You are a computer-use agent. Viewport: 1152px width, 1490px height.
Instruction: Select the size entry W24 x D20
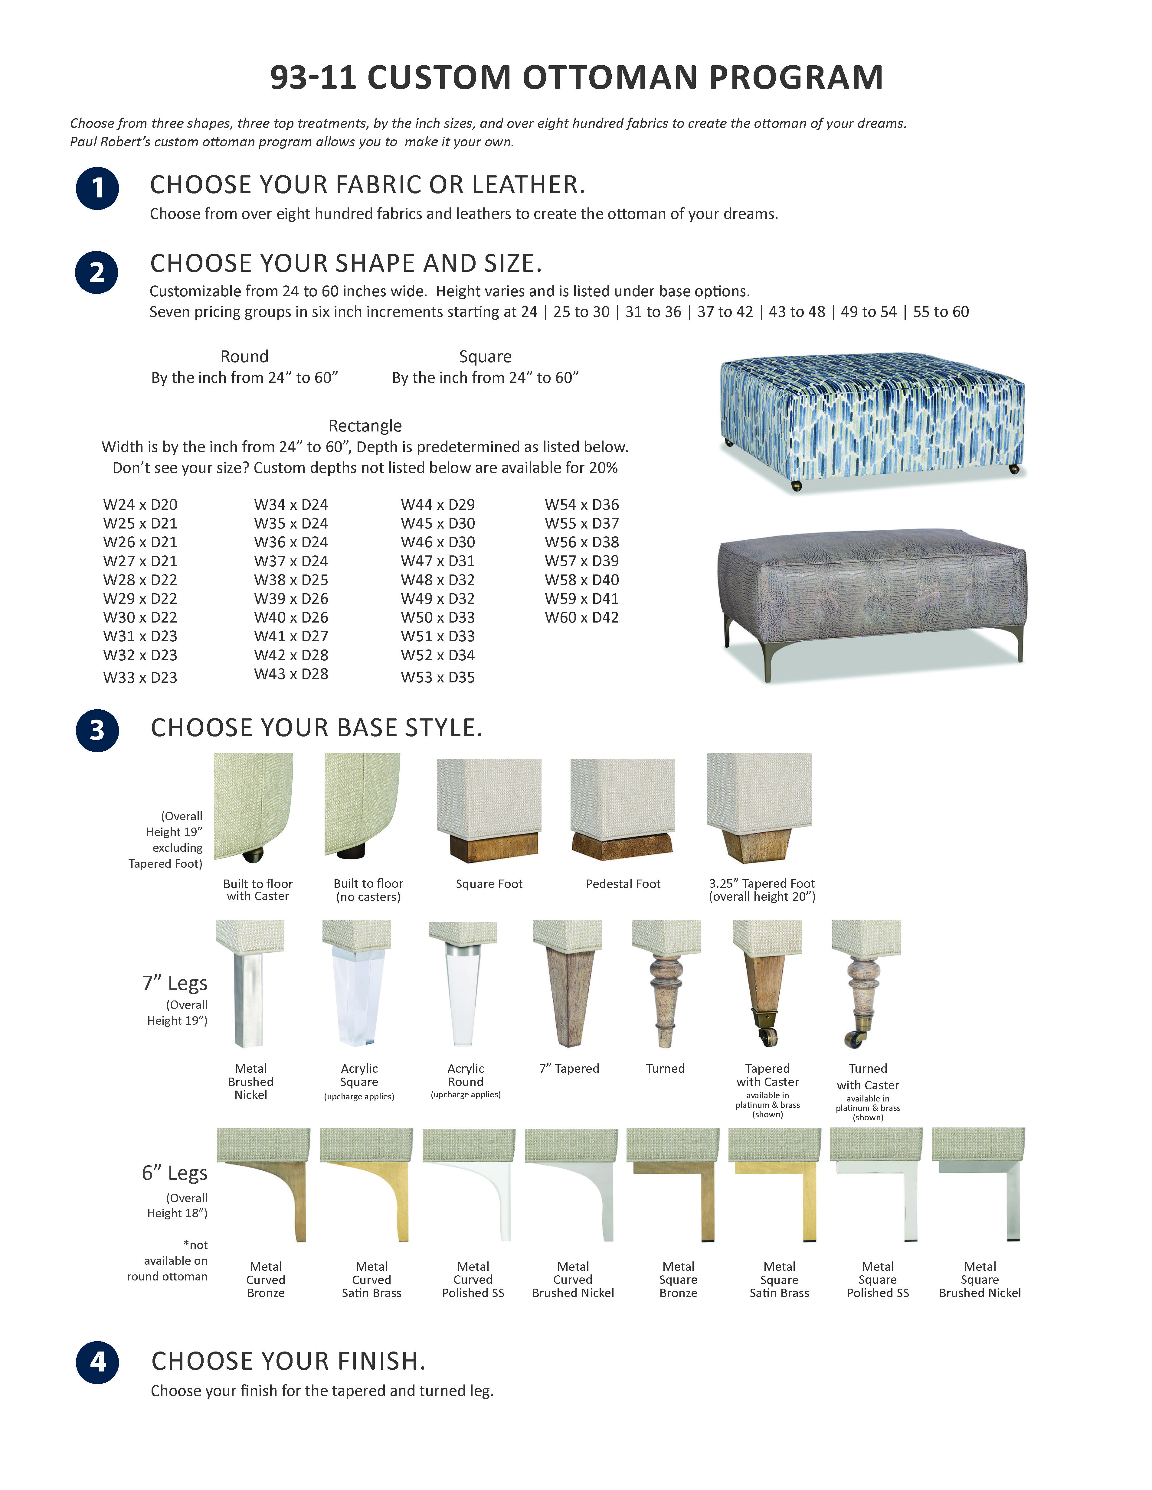coord(140,505)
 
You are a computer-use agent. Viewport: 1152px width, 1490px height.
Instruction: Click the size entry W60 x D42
coord(581,617)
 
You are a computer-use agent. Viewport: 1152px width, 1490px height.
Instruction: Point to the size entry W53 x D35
coord(437,678)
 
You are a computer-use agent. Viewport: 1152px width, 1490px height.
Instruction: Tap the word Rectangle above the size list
coord(365,426)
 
